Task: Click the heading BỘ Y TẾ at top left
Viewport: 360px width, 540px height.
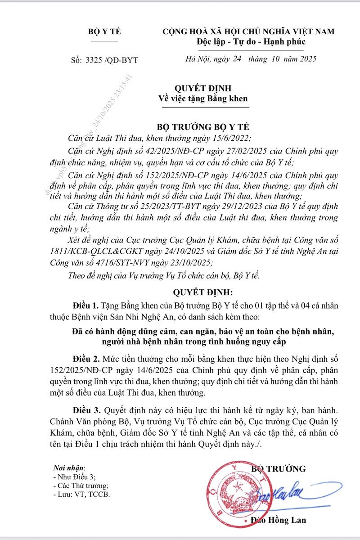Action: coord(104,31)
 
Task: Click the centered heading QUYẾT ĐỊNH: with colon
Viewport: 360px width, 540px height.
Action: coord(205,293)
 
